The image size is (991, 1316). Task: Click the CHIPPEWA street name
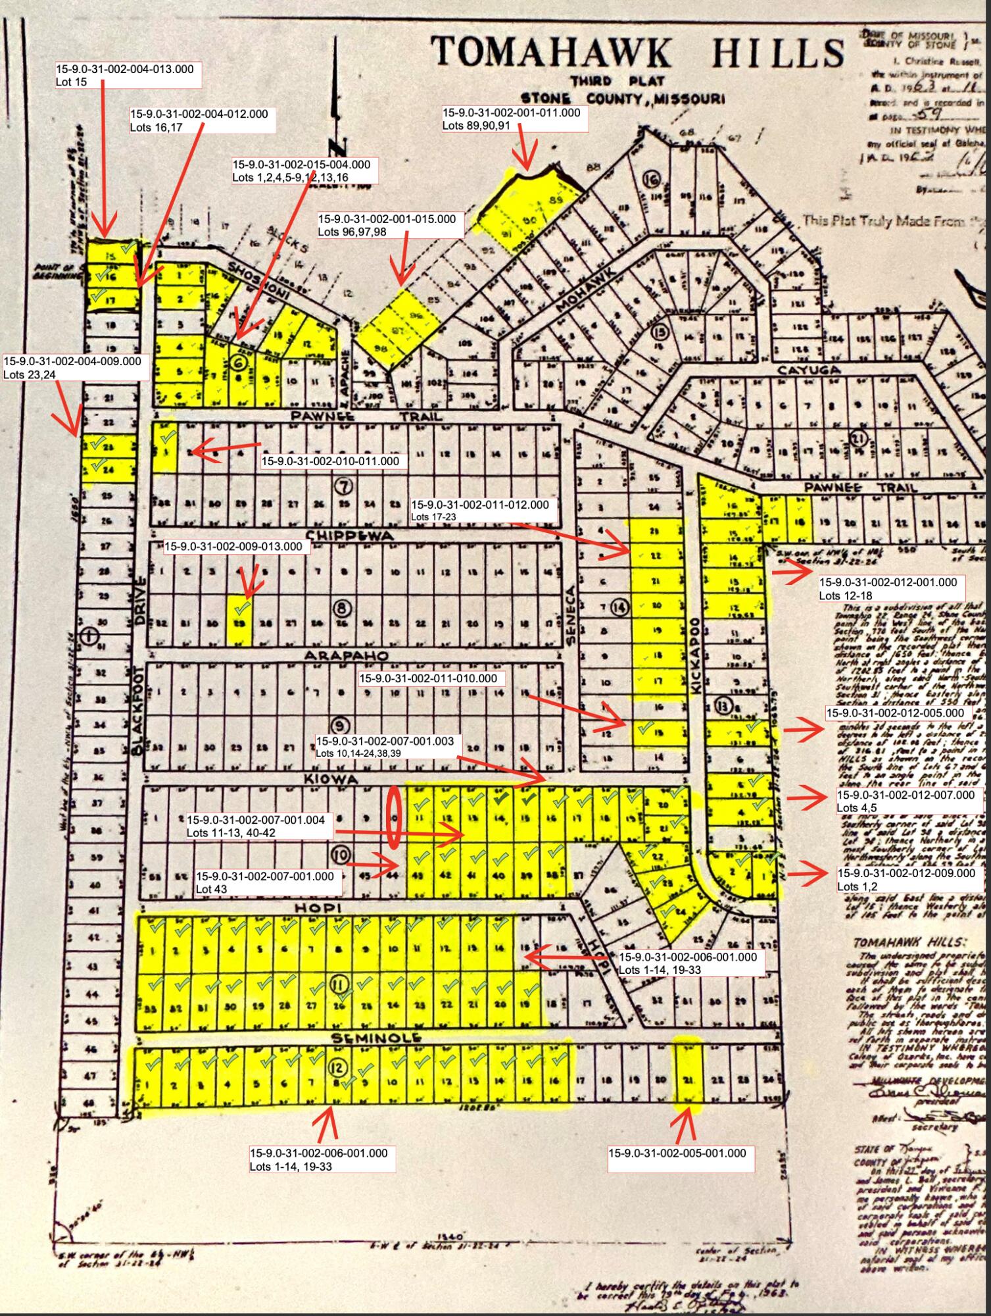point(351,536)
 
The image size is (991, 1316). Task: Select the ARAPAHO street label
point(346,656)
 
